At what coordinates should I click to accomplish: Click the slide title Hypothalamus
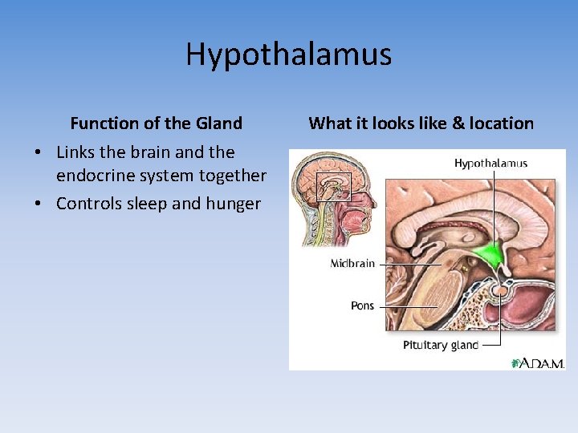(288, 55)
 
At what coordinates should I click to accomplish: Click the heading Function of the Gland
(156, 123)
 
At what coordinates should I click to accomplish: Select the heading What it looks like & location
(421, 123)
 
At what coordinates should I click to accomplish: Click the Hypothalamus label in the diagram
(490, 164)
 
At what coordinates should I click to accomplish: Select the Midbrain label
(352, 264)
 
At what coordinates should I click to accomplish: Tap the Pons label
(362, 306)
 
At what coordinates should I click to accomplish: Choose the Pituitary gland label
(441, 346)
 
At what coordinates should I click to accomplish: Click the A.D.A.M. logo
(539, 362)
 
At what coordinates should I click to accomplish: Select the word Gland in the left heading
(218, 123)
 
